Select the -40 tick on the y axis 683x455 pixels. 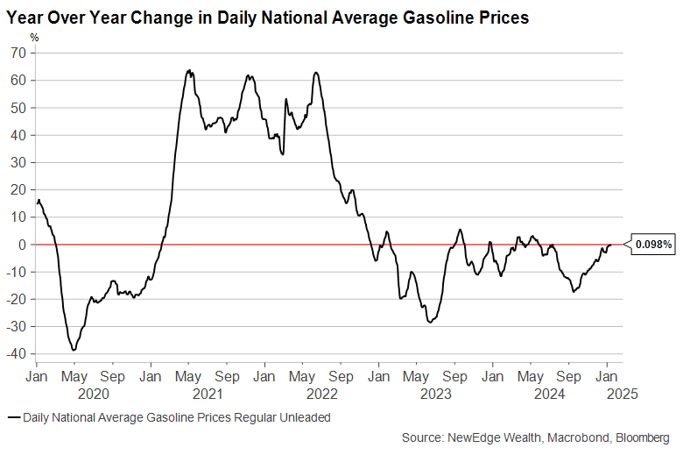tap(18, 354)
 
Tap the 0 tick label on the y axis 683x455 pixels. tap(24, 245)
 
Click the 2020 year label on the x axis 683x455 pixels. tap(93, 395)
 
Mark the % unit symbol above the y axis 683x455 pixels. tap(35, 37)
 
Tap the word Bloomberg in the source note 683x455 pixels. tap(644, 437)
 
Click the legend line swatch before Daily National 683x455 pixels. tap(13, 418)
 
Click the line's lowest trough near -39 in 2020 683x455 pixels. tap(74, 350)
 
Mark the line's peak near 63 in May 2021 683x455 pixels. tap(189, 71)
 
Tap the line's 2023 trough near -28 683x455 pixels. tap(429, 323)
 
